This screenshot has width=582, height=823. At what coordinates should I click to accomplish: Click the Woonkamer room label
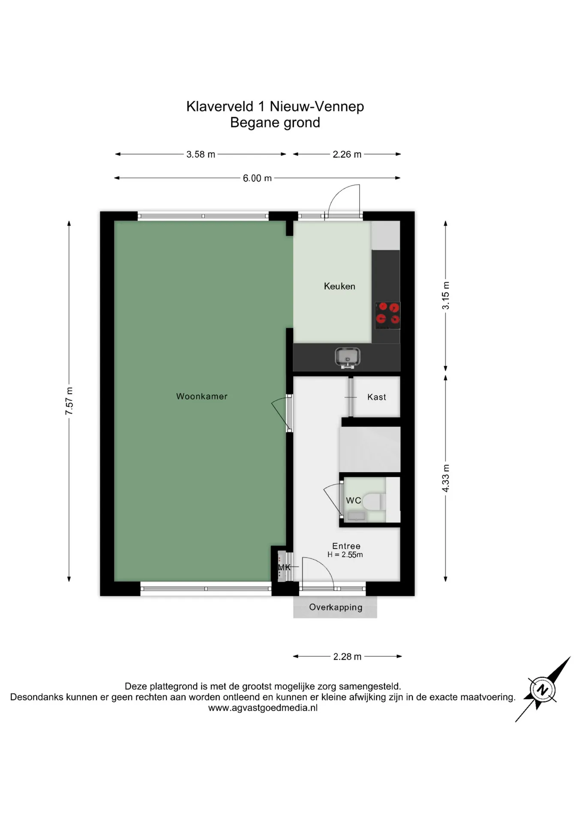202,396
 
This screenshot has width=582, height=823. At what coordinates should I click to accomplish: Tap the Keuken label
339,286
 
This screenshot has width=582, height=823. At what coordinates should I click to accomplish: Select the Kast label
377,397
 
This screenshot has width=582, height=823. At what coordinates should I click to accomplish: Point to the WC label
354,500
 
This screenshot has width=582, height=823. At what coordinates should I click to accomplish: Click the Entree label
346,546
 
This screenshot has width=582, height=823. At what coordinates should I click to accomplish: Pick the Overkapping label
336,607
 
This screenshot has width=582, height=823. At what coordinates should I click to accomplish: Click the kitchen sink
348,358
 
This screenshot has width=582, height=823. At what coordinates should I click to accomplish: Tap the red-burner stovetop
388,315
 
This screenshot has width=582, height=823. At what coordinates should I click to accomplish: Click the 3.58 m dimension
201,154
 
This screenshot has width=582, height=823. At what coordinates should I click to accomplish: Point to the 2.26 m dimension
347,154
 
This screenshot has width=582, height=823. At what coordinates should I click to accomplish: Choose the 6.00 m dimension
257,178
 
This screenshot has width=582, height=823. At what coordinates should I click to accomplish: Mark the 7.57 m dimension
69,401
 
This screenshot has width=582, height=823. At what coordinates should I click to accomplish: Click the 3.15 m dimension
446,296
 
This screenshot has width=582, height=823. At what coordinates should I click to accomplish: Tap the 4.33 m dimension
446,478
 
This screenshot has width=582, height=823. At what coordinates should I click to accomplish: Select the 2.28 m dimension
347,657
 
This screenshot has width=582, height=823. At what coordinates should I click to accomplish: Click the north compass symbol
543,689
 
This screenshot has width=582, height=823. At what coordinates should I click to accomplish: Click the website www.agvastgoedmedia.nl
263,708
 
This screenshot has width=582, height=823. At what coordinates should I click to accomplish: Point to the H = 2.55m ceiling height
345,555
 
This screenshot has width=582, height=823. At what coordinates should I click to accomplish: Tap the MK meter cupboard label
284,568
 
